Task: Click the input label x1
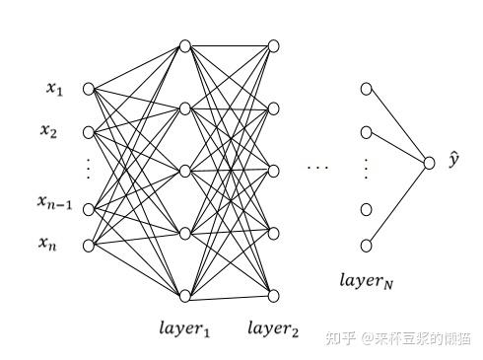[x=54, y=90]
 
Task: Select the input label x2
[x=48, y=130]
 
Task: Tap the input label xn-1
[x=54, y=203]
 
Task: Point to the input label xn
[x=49, y=242]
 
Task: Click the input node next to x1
[x=89, y=89]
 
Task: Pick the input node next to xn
[x=89, y=244]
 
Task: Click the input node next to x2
[x=89, y=131]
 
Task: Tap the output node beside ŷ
[x=429, y=164]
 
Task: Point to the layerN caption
[x=367, y=280]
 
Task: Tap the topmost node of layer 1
[x=184, y=45]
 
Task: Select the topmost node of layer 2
[x=273, y=45]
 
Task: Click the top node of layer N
[x=367, y=89]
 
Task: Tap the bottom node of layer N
[x=367, y=244]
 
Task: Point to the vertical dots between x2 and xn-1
[x=88, y=170]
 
